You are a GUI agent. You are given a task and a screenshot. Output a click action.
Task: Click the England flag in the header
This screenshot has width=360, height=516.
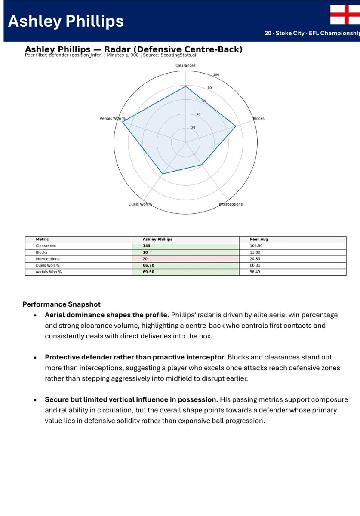click(345, 15)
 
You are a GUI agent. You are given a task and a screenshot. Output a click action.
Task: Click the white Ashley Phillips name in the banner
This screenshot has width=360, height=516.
click(66, 21)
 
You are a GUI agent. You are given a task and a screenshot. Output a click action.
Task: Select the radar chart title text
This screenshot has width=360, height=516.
click(133, 49)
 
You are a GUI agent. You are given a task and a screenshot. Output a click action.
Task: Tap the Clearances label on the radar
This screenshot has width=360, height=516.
click(185, 65)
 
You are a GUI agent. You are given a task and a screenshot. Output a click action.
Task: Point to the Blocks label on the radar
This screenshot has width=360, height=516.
click(258, 118)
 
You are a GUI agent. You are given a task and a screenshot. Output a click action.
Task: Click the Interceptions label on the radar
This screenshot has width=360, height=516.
click(231, 204)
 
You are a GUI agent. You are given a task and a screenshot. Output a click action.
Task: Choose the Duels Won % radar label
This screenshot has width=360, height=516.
click(141, 204)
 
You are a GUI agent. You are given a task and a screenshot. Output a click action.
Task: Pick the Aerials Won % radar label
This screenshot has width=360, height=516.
click(113, 118)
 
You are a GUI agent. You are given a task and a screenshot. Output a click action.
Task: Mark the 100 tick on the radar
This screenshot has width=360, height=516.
click(216, 75)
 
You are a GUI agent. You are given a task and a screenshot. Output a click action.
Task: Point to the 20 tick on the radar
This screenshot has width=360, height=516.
click(193, 127)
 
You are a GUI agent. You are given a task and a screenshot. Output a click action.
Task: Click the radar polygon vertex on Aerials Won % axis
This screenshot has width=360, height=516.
click(122, 122)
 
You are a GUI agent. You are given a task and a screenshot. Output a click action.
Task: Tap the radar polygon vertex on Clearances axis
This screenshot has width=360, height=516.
click(185, 86)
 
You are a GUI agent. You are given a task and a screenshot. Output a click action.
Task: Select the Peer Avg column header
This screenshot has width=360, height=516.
click(259, 239)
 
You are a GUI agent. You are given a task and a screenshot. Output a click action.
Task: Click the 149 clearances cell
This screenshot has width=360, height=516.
click(147, 246)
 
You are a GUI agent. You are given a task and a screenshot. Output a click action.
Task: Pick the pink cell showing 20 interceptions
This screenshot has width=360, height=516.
click(185, 259)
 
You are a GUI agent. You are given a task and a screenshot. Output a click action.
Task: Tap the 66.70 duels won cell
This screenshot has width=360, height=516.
click(148, 266)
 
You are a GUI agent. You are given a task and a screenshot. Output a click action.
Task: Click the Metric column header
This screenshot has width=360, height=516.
click(43, 239)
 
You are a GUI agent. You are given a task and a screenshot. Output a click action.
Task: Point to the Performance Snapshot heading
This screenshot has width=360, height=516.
click(62, 304)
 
